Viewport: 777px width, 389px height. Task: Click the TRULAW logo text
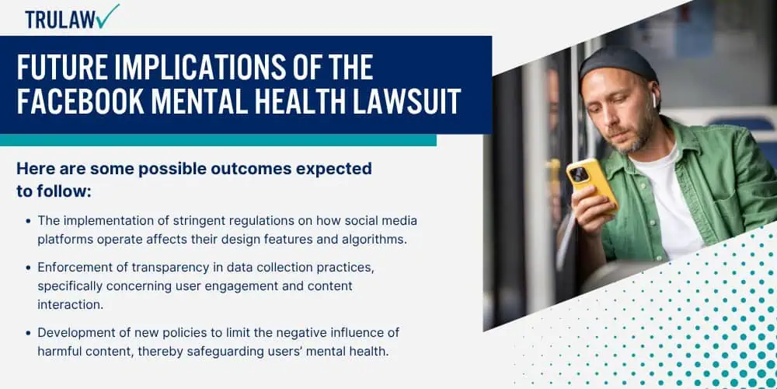pos(60,20)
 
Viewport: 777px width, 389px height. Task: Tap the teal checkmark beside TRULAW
pos(107,16)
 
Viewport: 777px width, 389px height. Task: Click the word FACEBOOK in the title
pos(81,102)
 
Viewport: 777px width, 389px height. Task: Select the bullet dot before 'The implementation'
pos(28,221)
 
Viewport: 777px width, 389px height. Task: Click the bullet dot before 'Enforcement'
pos(28,268)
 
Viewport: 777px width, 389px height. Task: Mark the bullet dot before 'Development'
pos(28,332)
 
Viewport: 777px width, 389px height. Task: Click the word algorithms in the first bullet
pos(375,239)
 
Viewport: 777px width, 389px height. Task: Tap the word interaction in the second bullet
pos(71,305)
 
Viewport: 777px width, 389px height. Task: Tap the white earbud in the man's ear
pos(654,100)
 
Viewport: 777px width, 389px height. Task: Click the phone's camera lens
pos(579,174)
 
